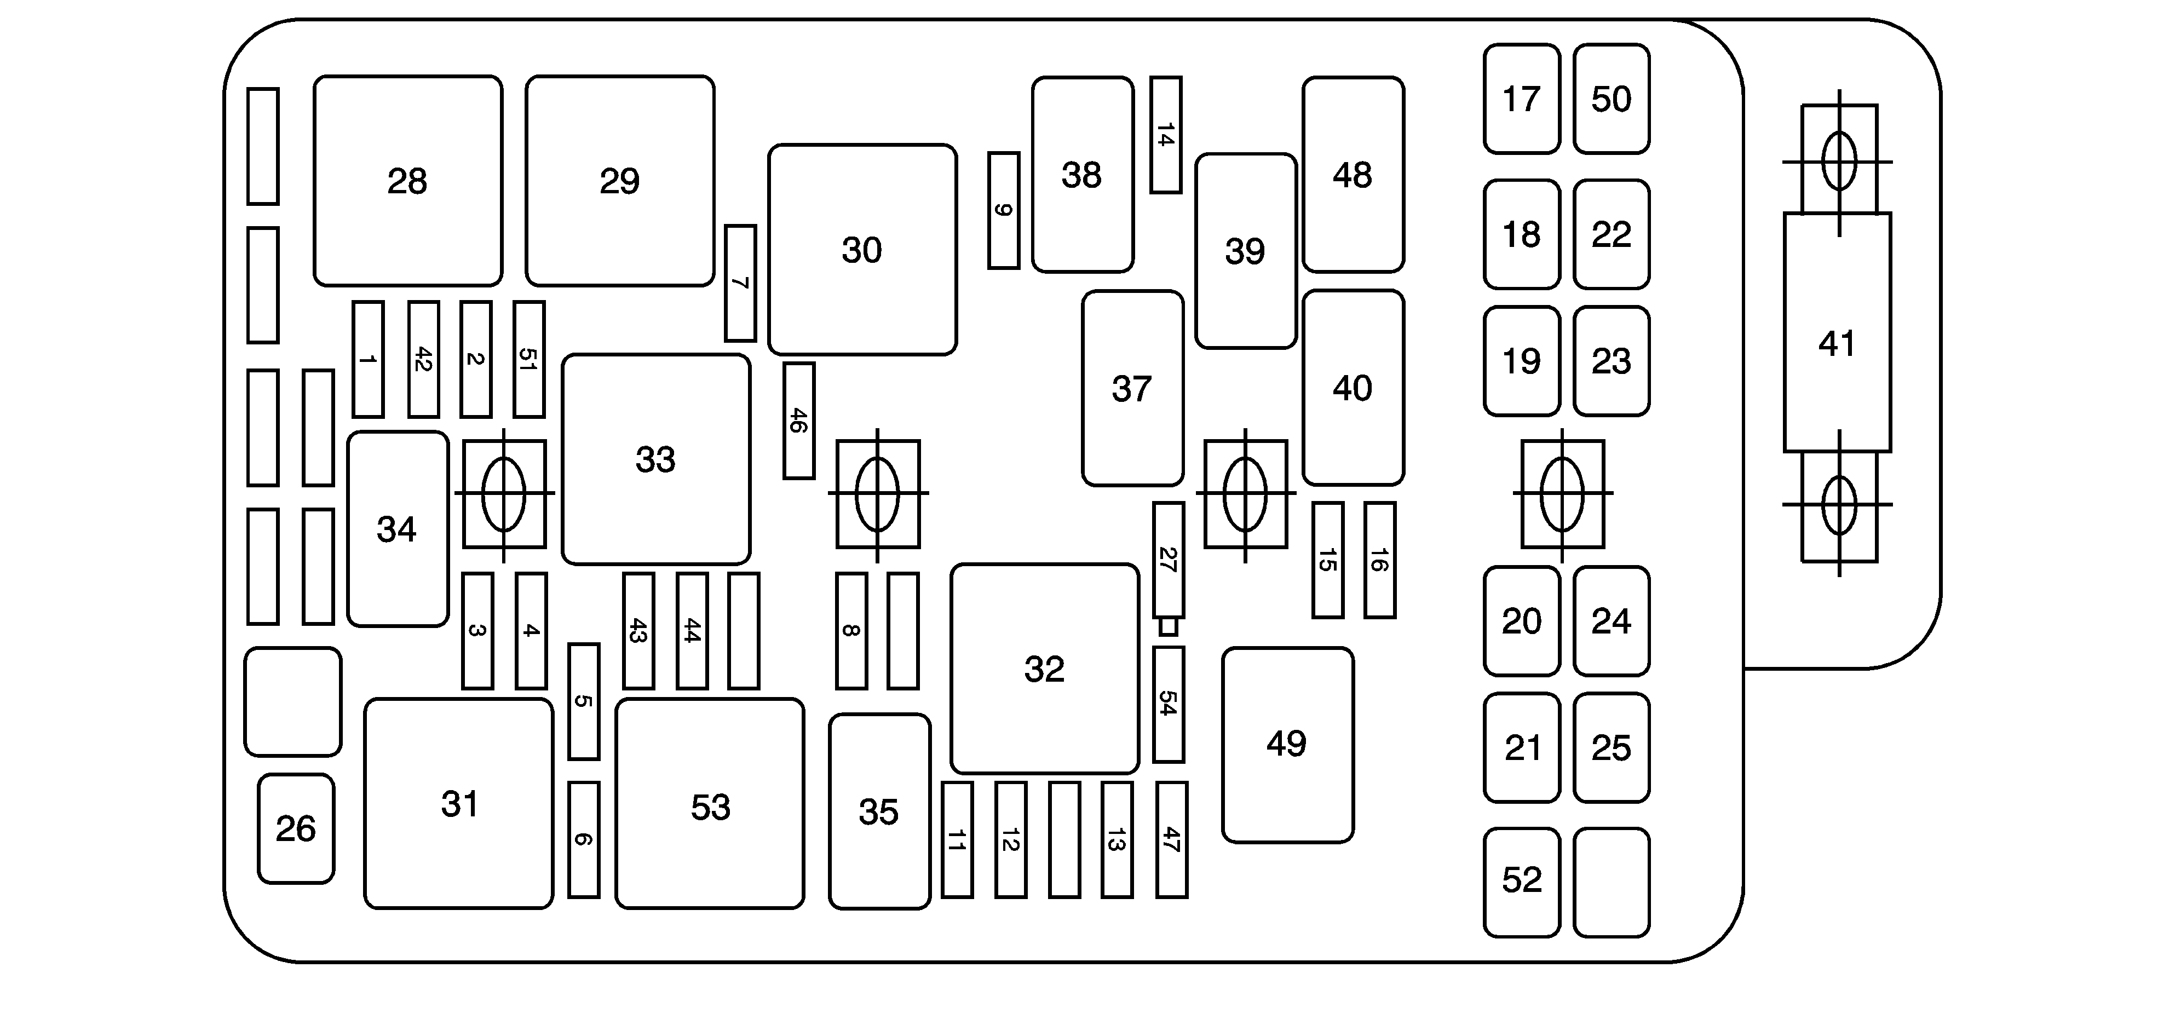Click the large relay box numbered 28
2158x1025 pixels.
pyautogui.click(x=408, y=181)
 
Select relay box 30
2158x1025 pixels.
pyautogui.click(x=862, y=250)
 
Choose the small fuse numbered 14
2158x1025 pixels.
pyautogui.click(x=1165, y=135)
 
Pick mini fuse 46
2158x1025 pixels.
pyautogui.click(x=798, y=421)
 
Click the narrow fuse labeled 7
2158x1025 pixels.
pyautogui.click(x=740, y=283)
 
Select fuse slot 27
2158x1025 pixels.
pyautogui.click(x=1168, y=560)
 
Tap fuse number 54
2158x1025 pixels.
pyautogui.click(x=1168, y=704)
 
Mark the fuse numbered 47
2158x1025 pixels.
pyautogui.click(x=1171, y=839)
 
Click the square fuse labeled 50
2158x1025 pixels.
pyautogui.click(x=1611, y=99)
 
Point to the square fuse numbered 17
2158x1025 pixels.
pyautogui.click(x=1521, y=99)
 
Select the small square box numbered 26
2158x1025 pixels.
pyautogui.click(x=296, y=828)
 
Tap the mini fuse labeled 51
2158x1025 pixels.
pyautogui.click(x=528, y=359)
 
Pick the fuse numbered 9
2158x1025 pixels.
pyautogui.click(x=1004, y=210)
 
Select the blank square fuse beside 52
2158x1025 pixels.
pyautogui.click(x=1611, y=882)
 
